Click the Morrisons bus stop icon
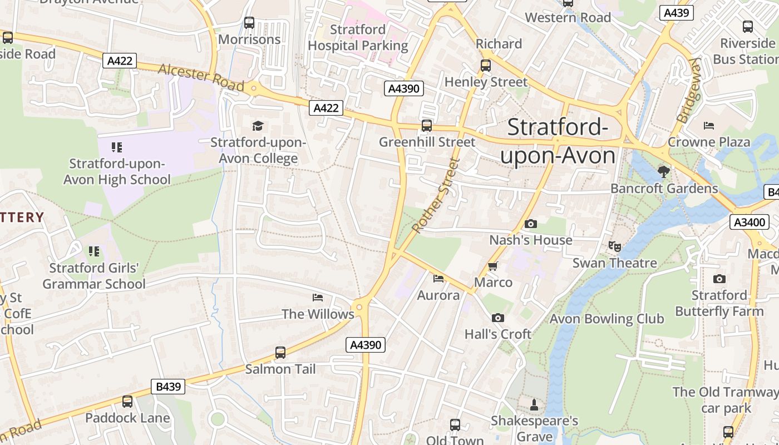coord(249,23)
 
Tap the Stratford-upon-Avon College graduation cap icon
coord(258,126)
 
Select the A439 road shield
coord(677,13)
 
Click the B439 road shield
coord(167,387)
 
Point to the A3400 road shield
coord(749,222)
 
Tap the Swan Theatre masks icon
coord(614,246)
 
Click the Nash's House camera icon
coord(531,224)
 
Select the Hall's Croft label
coord(498,334)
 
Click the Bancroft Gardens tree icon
coord(663,171)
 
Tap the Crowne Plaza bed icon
coord(708,125)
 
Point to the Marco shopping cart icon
coord(492,266)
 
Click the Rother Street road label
coord(437,196)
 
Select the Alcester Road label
coord(201,77)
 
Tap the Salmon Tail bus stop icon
coord(280,353)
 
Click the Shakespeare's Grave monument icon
coord(534,404)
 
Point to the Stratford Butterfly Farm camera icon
coord(719,279)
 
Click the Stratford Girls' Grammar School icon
coord(94,251)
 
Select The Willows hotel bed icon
coord(318,298)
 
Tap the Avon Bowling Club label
coord(607,319)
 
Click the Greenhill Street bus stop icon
coord(427,126)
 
